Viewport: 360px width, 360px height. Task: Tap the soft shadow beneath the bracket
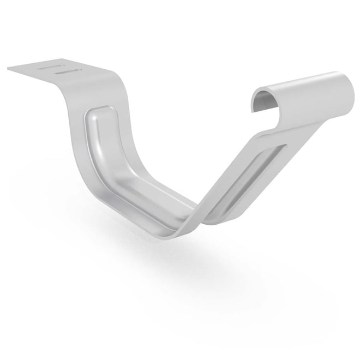[180, 262]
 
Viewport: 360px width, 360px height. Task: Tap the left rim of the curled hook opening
[254, 101]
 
